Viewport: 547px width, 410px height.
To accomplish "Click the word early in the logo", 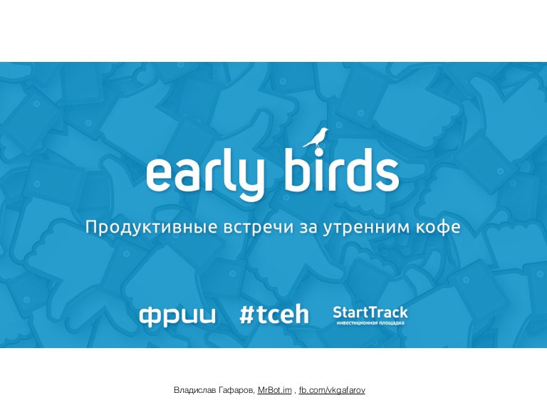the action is [x=205, y=174].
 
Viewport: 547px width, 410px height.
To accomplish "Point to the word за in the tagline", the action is [x=308, y=228].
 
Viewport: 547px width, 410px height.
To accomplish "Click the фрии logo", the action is [x=177, y=315].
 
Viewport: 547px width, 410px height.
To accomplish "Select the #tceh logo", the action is [x=274, y=315].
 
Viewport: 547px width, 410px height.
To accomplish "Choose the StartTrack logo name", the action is [x=370, y=312].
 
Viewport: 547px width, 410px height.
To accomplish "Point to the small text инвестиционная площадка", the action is [x=370, y=323].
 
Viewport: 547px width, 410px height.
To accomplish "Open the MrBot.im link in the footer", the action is [x=274, y=390].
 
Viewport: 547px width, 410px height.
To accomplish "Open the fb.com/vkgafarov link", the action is [x=332, y=390].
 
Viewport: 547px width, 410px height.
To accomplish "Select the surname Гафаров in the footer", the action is [x=236, y=390].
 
